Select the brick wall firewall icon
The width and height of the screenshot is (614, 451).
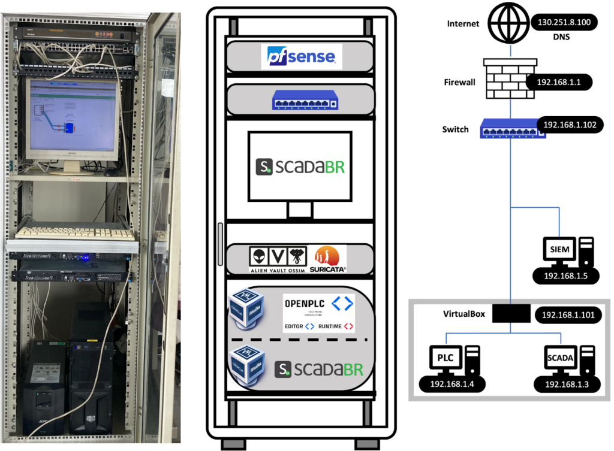(x=504, y=78)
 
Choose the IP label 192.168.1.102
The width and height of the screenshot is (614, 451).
(x=570, y=125)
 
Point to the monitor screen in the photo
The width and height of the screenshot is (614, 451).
(x=73, y=115)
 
